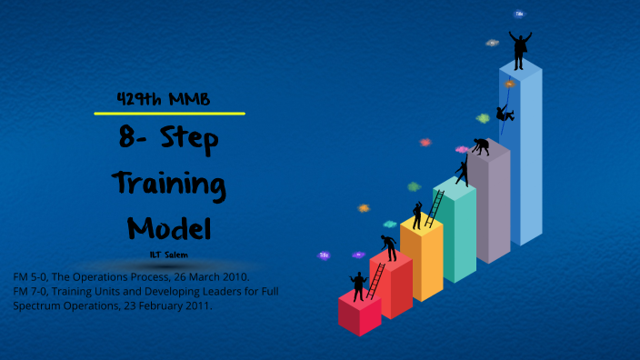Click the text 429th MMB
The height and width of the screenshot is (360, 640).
[165, 99]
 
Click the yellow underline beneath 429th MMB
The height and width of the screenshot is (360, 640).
[170, 114]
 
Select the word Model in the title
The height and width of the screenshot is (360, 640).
[169, 226]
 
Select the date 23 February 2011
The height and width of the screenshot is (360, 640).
[161, 305]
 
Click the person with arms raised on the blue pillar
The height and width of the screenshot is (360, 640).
[520, 50]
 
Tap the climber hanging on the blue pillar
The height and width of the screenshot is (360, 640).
[505, 114]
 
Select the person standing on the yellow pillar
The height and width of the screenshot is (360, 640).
[417, 215]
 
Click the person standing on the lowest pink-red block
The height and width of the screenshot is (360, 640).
[356, 285]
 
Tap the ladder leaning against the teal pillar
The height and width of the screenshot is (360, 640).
[435, 208]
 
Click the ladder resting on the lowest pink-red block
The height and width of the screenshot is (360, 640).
[374, 281]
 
